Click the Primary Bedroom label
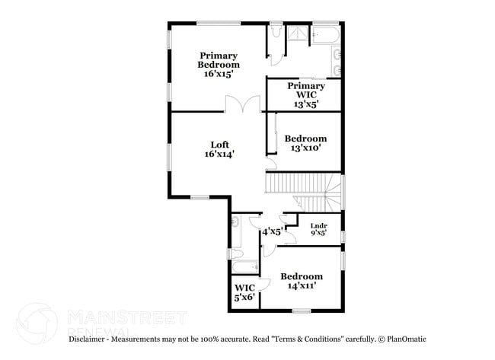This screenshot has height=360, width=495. [218, 60]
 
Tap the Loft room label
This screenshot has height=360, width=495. [219, 145]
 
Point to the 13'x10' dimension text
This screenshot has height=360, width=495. [305, 148]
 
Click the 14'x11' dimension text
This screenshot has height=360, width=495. [301, 286]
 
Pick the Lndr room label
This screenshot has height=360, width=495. [318, 225]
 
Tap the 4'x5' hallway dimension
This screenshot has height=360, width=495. [272, 230]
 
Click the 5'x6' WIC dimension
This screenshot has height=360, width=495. [244, 297]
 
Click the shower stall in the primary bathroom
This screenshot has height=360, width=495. [297, 35]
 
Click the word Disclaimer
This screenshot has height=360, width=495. [91, 339]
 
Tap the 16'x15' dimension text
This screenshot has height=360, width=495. [218, 74]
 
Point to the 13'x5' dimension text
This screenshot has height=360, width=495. [305, 104]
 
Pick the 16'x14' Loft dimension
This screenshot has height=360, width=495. [219, 154]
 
